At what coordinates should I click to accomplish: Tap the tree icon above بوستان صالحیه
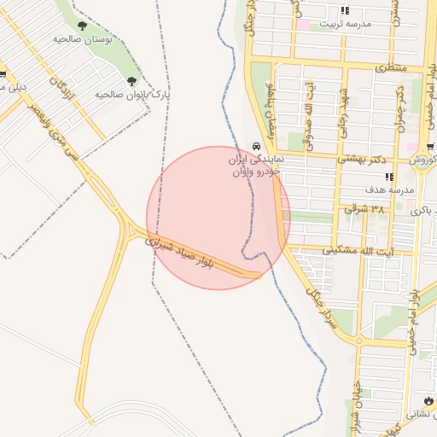tap(82, 26)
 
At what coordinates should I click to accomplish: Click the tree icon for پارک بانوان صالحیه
tap(131, 81)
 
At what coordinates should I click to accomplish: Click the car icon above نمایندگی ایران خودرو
tap(255, 146)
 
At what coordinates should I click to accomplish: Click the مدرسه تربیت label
tap(345, 25)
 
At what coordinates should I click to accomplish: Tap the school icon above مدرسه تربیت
tap(345, 11)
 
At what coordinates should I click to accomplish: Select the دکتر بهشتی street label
tap(365, 158)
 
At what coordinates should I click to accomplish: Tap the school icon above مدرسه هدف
tap(389, 177)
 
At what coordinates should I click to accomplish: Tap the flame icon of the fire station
tap(427, 399)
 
